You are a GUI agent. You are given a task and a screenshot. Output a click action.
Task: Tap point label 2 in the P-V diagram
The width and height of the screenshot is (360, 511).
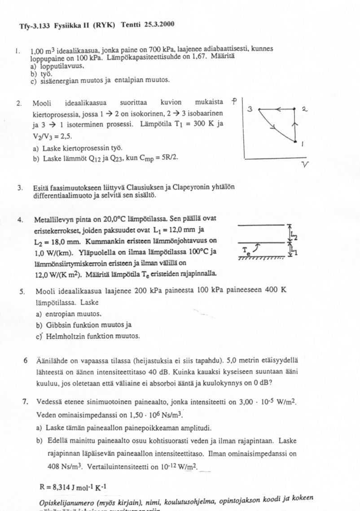coord(304,109)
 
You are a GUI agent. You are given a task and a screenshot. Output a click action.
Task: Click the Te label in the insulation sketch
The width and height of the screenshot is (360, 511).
coord(245,250)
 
